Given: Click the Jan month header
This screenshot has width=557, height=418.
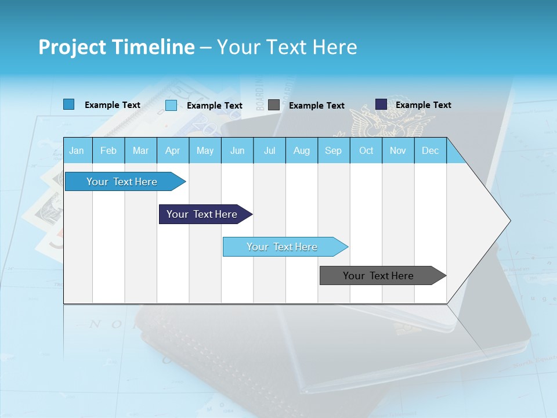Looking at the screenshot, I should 77,151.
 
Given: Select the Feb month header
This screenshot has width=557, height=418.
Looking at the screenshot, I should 108,151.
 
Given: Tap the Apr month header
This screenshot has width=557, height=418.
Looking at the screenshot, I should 173,151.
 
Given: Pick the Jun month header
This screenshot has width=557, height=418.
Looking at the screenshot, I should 237,151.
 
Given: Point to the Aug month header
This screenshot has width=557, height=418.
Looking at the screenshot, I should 302,151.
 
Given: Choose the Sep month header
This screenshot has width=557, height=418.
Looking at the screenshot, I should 334,151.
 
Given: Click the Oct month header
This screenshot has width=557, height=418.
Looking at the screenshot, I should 366,151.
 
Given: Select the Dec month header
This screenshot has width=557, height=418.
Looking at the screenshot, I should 431,151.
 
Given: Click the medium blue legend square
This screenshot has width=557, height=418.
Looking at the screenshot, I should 69,105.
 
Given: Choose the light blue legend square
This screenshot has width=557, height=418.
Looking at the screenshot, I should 171,105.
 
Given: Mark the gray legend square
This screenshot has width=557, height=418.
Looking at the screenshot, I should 274,105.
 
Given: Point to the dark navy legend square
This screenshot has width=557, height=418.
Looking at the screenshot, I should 381,105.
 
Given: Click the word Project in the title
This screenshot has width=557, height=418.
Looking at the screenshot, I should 72,47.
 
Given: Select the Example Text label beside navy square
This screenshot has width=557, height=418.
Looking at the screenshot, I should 424,105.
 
